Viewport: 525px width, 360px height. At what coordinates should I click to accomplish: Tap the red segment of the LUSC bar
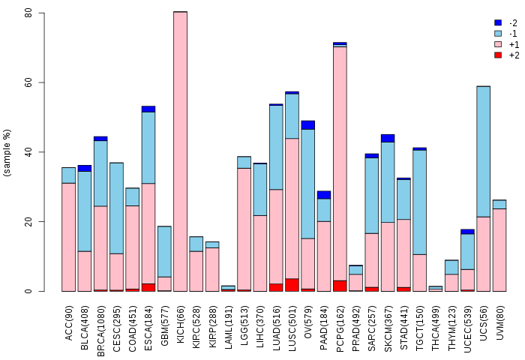click(292, 285)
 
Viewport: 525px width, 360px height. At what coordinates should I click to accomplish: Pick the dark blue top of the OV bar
click(308, 125)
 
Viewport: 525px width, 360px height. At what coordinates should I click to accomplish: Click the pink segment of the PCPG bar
click(340, 163)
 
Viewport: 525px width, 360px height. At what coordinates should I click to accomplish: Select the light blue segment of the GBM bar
click(164, 251)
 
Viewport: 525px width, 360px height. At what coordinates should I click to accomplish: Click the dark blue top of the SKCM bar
click(388, 138)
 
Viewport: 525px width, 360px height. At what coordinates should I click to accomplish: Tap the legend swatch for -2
click(498, 22)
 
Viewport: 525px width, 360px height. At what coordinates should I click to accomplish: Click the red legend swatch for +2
click(498, 55)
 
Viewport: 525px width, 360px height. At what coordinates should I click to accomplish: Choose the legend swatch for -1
click(498, 34)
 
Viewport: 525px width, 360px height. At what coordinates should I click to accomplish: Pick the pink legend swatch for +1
click(498, 44)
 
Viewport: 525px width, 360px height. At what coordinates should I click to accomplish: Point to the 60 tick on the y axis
click(41, 82)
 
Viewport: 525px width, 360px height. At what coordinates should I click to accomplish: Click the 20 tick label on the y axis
click(28, 221)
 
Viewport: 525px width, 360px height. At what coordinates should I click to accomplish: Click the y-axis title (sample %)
click(7, 153)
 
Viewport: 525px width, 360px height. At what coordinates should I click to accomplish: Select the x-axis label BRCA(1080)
click(100, 331)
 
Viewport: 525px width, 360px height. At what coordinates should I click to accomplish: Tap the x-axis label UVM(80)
click(499, 322)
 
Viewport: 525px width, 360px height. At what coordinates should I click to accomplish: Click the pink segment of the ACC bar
click(69, 237)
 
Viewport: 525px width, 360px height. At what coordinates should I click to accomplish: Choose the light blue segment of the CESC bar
click(116, 208)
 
